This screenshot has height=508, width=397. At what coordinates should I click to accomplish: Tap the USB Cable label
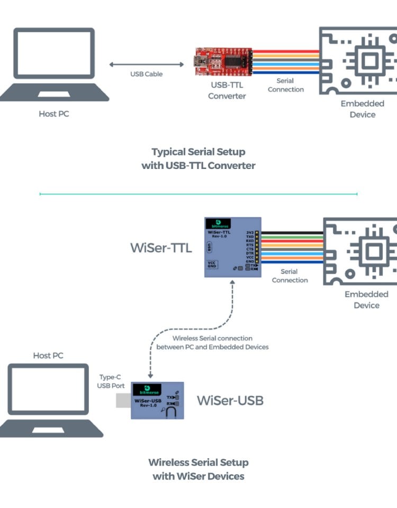147,74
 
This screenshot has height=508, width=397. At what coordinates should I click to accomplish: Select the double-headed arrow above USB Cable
147,64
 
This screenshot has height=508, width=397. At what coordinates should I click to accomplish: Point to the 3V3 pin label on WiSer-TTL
249,232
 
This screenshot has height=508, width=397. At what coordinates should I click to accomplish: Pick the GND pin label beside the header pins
249,261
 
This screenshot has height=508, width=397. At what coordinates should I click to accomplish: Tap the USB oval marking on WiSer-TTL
210,247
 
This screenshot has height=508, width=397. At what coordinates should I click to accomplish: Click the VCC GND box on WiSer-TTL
212,264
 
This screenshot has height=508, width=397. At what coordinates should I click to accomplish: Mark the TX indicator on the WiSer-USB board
173,397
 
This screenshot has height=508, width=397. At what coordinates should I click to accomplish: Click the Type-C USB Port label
111,381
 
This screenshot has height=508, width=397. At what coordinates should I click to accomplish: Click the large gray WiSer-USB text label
230,400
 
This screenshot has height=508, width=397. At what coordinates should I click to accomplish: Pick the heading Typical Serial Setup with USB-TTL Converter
198,159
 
